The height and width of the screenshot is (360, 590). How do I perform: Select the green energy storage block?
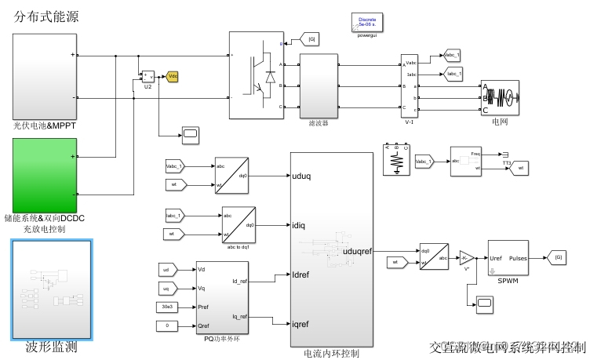point(43,173)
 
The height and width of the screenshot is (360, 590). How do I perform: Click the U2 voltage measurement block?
point(147,76)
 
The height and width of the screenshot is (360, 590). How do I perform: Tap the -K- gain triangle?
point(467,257)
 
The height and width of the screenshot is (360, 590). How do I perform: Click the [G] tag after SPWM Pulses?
point(557,257)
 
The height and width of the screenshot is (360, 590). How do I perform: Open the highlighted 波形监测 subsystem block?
point(52,289)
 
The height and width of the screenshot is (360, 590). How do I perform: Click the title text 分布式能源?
point(46,16)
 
